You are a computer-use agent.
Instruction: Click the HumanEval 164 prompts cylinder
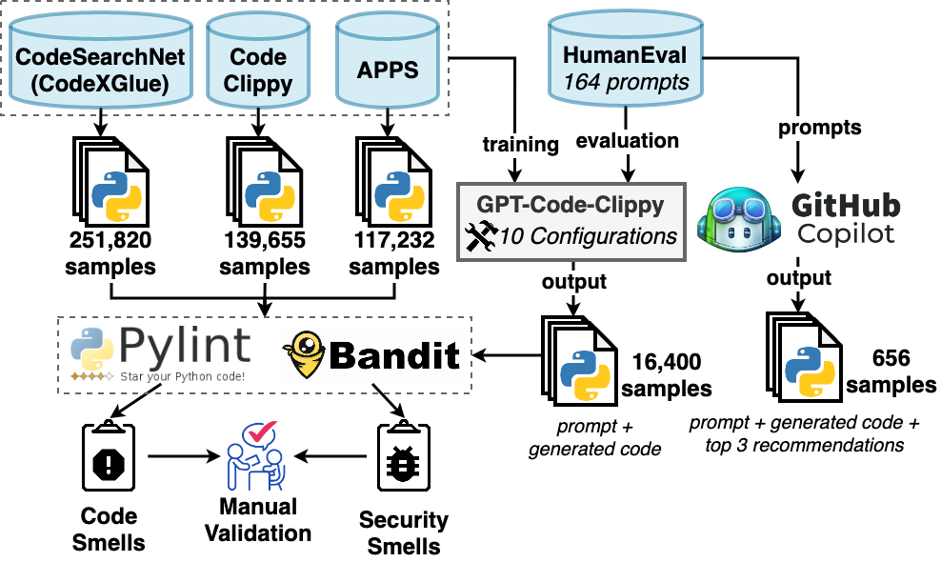click(x=626, y=59)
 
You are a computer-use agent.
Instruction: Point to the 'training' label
click(x=520, y=145)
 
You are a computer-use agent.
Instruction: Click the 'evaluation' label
click(x=628, y=141)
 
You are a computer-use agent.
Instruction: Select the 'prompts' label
click(x=819, y=128)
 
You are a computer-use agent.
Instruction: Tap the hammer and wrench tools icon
click(x=481, y=236)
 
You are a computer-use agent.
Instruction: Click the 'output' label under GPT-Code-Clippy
click(x=574, y=282)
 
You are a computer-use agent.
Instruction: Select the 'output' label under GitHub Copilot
click(x=799, y=278)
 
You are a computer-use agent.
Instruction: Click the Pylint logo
click(x=160, y=353)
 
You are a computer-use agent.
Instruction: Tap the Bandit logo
click(x=371, y=355)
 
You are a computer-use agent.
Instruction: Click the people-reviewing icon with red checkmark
click(x=255, y=456)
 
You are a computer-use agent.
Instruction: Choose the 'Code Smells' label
click(x=110, y=531)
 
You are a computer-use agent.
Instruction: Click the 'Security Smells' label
click(x=404, y=533)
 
